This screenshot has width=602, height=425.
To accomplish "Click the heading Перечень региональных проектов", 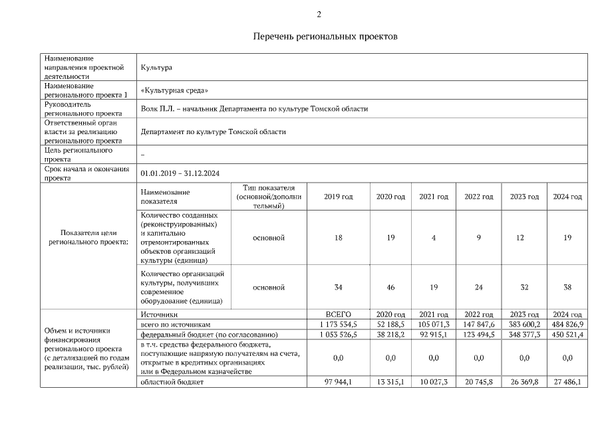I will (x=325, y=37).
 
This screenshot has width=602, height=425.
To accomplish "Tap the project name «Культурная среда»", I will (x=175, y=90).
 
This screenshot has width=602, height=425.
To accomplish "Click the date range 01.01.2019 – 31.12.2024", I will (x=180, y=173).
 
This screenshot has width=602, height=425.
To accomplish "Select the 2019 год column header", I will (x=338, y=197).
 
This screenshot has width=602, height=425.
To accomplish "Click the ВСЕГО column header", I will (x=338, y=314).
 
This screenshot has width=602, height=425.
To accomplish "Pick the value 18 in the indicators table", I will (x=338, y=238).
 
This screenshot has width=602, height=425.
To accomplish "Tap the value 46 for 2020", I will (x=390, y=288).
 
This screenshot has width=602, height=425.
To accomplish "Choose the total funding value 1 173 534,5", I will (x=338, y=324).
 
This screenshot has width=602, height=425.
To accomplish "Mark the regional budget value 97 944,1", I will (x=338, y=382).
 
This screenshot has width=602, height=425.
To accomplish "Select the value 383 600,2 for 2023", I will (x=524, y=324).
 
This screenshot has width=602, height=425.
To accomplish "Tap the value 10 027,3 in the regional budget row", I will (x=434, y=382).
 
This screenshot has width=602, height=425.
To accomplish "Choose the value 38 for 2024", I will (x=567, y=288).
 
